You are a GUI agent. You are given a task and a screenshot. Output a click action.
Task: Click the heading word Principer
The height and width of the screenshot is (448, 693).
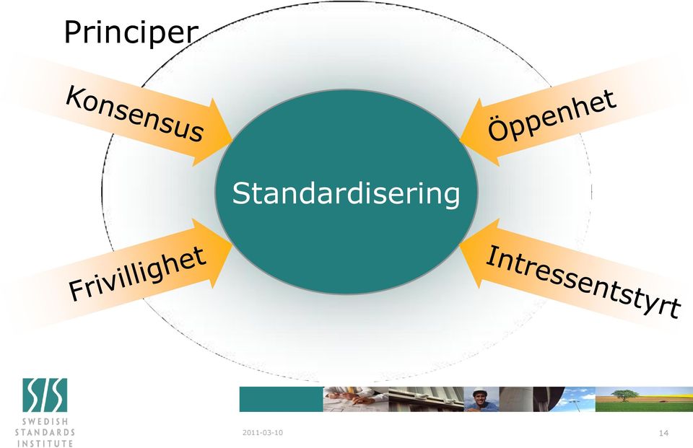pyautogui.click(x=131, y=32)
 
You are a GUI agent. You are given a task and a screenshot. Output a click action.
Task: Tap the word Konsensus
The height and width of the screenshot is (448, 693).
pyautogui.click(x=135, y=114)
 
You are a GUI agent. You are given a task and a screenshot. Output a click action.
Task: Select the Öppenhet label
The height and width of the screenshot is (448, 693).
pyautogui.click(x=552, y=115)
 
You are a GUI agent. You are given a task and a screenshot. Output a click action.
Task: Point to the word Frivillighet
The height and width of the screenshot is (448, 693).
pyautogui.click(x=137, y=274)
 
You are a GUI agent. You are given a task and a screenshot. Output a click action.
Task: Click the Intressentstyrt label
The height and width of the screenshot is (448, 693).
pyautogui.click(x=583, y=282)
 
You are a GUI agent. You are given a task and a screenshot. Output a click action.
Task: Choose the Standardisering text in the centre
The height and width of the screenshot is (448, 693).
pyautogui.click(x=346, y=193)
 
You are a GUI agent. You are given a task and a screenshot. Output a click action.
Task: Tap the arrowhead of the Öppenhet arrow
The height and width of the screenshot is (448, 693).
pyautogui.click(x=479, y=133)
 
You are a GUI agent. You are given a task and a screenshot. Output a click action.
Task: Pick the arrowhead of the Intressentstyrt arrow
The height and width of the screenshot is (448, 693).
pyautogui.click(x=479, y=252)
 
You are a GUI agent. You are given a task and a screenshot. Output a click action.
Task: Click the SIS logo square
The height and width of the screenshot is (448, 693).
pyautogui.click(x=45, y=395)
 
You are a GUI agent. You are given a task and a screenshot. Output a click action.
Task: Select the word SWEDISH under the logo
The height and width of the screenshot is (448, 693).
pyautogui.click(x=45, y=421)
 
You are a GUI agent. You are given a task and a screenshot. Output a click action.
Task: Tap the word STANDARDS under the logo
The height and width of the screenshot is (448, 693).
pyautogui.click(x=45, y=432)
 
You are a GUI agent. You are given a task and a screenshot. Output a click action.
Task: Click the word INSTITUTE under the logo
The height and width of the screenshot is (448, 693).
pyautogui.click(x=45, y=443)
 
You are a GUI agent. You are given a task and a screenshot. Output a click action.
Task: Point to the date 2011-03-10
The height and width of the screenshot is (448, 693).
pyautogui.click(x=263, y=433)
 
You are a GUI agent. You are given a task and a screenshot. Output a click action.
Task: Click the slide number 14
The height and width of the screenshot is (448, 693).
pyautogui.click(x=663, y=433)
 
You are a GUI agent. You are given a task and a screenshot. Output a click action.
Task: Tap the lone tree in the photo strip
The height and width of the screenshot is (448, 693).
pyautogui.click(x=624, y=395)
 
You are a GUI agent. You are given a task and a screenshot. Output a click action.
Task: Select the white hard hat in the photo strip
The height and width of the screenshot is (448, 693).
pyautogui.click(x=479, y=392)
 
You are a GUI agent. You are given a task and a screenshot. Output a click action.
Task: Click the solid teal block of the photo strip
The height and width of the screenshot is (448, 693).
pyautogui.click(x=281, y=400)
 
